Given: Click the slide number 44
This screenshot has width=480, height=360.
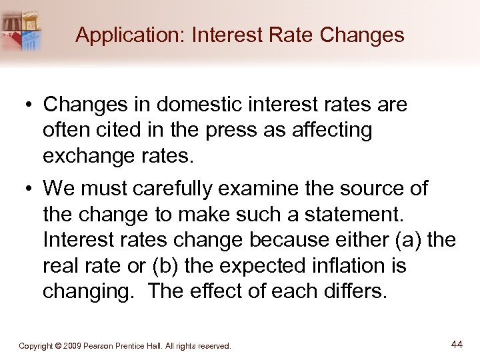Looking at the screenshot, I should (x=457, y=344).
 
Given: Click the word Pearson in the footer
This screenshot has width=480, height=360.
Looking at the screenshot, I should (x=106, y=346).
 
